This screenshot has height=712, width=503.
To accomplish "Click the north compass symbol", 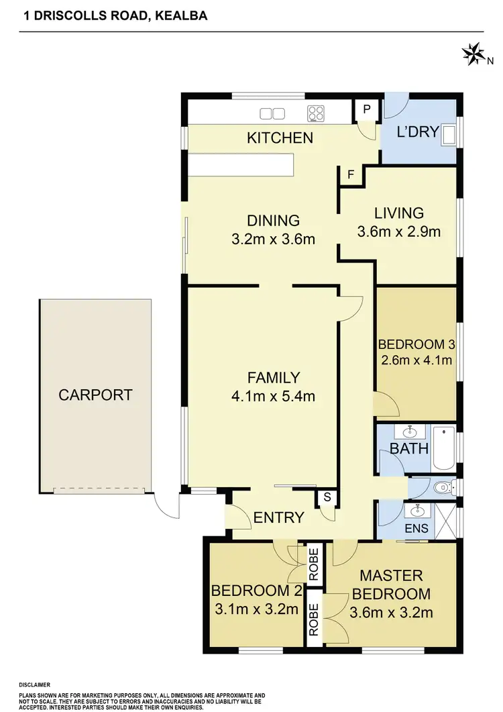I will click(473, 53).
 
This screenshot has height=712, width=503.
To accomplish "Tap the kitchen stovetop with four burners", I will click(317, 113).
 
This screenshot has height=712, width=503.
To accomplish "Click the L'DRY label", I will click(417, 132).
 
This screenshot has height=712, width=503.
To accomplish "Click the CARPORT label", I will click(95, 395).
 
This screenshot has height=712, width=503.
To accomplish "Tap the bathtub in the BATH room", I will click(443, 448).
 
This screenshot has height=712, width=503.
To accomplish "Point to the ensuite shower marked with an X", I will click(445, 521).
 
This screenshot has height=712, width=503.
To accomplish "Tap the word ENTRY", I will click(278, 517).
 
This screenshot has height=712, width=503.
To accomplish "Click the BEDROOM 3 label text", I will click(416, 345).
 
